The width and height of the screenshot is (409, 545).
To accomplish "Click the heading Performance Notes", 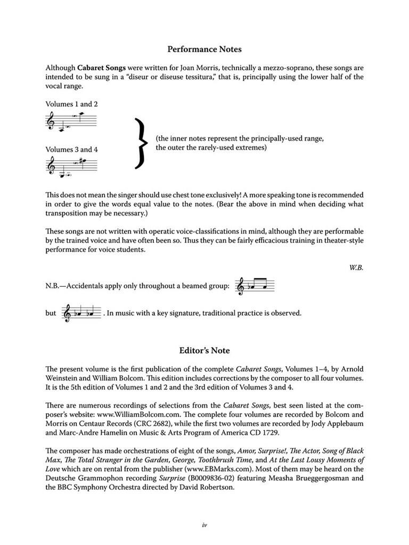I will coord(204,49).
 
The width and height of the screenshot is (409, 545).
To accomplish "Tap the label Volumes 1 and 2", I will coord(72,104).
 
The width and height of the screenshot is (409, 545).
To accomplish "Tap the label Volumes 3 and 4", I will coord(72,150).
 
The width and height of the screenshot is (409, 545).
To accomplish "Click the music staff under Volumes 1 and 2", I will coord(72,122).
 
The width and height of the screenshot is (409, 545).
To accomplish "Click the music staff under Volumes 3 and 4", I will coord(72,168).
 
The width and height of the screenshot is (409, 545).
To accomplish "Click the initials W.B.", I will coord(356,268).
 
